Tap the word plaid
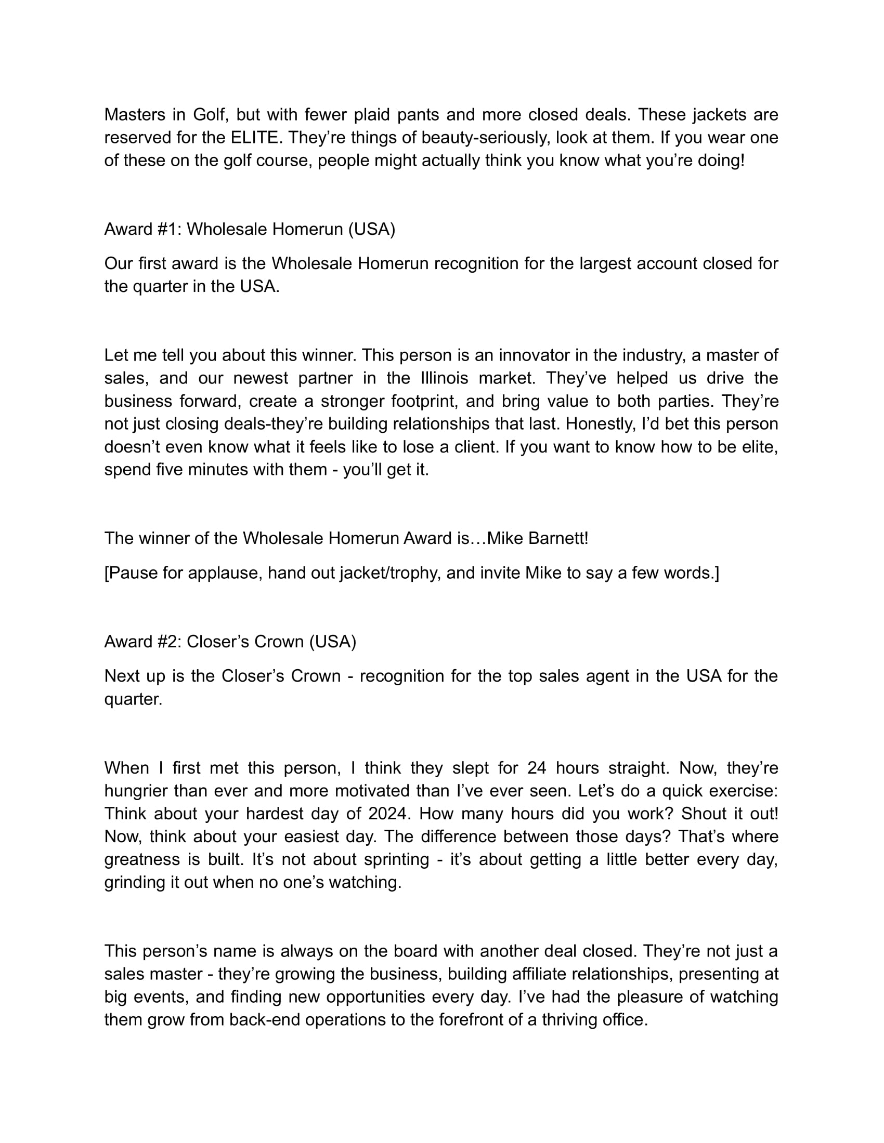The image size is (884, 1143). [370, 114]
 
